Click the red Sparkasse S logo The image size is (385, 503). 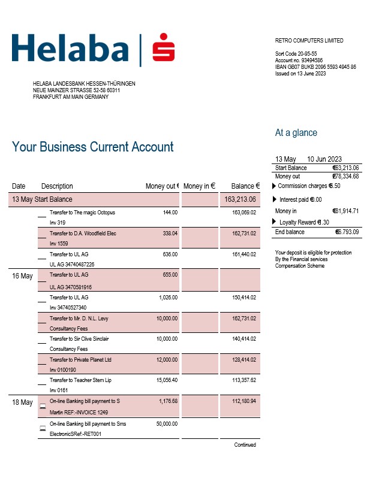pos(163,49)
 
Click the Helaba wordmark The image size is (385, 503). pos(70,49)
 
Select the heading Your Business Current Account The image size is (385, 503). pos(93,147)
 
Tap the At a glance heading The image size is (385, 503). pos(296,133)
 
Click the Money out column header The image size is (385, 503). pos(163,186)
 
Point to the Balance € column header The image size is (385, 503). pos(245,186)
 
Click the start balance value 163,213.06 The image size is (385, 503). pos(240,199)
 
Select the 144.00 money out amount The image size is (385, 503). pos(170,213)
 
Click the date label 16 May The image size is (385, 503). pos(23,277)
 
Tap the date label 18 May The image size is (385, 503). pos(23,402)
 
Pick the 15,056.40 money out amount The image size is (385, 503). pos(166,380)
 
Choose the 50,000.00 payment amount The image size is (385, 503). pos(166,424)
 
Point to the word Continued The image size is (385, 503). pos(245,445)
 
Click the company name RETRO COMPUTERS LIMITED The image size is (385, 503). pos(309,41)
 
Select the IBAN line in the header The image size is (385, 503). pos(315,67)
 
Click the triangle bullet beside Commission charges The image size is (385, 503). pos(275,186)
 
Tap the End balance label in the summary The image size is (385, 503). pos(290,232)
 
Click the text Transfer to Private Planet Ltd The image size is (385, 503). pos(80,360)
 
